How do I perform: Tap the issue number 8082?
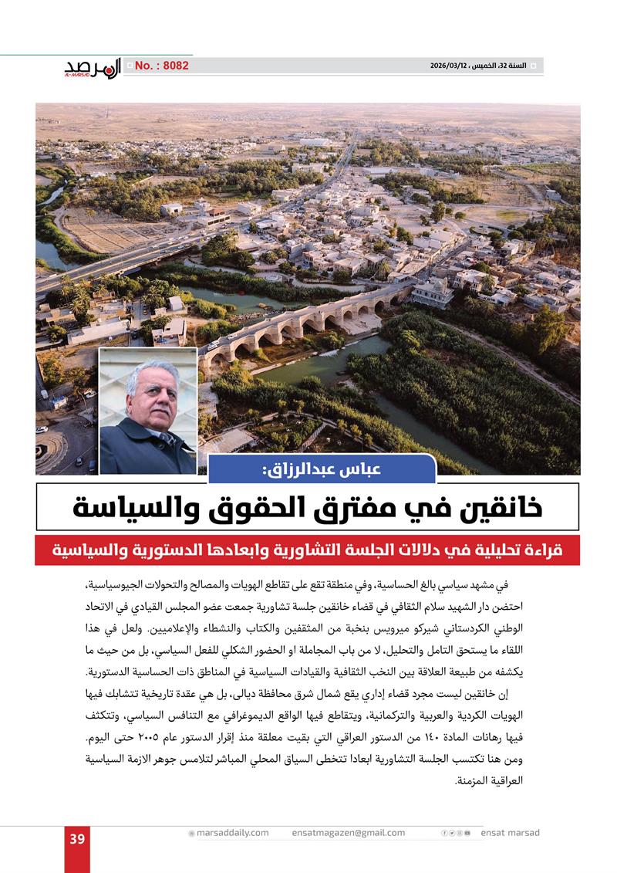[161, 66]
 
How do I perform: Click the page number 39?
[76, 840]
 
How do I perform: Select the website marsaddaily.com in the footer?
[232, 833]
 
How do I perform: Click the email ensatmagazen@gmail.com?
[349, 833]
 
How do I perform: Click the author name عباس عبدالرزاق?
[322, 469]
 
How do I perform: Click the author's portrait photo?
[148, 411]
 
